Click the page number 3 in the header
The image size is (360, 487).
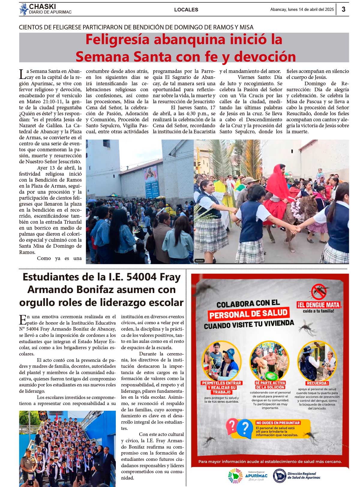(x=343, y=9)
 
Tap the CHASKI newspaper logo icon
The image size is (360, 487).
(x=24, y=9)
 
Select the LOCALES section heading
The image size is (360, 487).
(x=186, y=10)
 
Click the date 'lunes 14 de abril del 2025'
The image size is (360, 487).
(x=311, y=10)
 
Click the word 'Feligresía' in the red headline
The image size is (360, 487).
(x=124, y=40)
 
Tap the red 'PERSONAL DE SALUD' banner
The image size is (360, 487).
(x=248, y=314)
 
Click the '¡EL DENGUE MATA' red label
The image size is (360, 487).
(x=319, y=305)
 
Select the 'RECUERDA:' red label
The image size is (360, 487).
(x=317, y=383)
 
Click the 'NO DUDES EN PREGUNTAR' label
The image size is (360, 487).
(x=278, y=423)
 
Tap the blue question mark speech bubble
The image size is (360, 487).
(x=245, y=428)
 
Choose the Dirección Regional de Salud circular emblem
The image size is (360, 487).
(x=279, y=475)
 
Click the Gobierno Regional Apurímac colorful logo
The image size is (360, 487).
(x=235, y=476)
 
